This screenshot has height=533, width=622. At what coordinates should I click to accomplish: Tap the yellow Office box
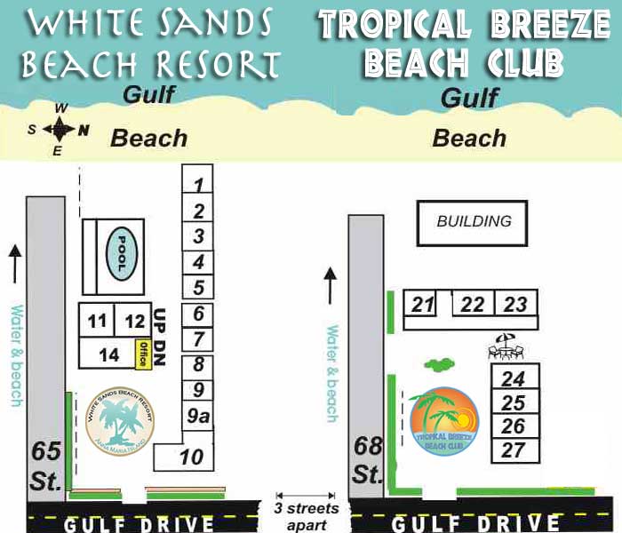coord(140,354)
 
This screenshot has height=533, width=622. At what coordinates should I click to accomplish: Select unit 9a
coord(197,414)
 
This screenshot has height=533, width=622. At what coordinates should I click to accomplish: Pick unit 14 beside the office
coord(108,354)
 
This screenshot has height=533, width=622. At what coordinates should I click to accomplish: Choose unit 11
coord(98,321)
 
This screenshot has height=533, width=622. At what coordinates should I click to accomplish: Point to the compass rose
coord(59,130)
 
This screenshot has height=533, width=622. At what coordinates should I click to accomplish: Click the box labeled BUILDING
coord(473,221)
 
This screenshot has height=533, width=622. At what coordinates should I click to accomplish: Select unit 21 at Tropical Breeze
coord(423,305)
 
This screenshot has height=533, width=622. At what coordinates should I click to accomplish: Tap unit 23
coord(515,305)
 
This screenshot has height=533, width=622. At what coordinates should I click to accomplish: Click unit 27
coord(514,449)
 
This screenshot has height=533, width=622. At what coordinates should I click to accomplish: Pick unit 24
coord(514,378)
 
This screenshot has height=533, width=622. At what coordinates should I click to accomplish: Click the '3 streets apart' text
coord(307,515)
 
